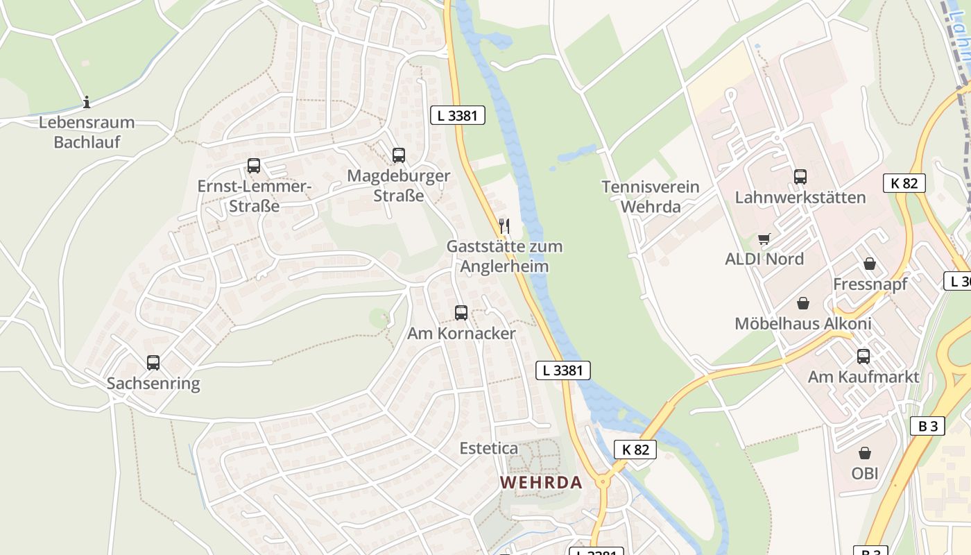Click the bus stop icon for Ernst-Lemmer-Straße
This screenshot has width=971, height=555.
click(x=254, y=166)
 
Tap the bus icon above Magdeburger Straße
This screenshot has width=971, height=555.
click(x=398, y=155)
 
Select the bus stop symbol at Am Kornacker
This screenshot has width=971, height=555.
click(x=461, y=312)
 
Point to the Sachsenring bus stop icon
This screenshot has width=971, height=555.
click(x=153, y=362)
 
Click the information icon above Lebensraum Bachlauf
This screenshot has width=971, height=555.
click(x=87, y=102)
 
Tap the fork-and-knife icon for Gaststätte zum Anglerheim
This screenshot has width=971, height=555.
click(x=504, y=225)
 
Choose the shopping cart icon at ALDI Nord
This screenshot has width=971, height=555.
click(x=764, y=239)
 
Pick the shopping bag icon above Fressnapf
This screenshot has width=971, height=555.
click(x=869, y=264)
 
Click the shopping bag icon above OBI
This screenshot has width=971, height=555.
click(x=865, y=453)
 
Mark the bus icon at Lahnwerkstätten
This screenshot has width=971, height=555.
click(x=800, y=176)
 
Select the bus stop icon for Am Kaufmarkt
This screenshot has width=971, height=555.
click(x=863, y=356)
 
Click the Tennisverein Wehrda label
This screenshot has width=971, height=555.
click(x=651, y=196)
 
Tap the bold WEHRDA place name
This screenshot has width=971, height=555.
click(x=541, y=482)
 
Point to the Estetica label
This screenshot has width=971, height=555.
click(x=489, y=448)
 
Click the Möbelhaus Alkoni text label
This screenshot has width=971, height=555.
click(x=803, y=323)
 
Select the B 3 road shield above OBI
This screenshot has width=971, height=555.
click(x=927, y=426)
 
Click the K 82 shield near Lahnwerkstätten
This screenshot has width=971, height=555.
click(x=904, y=183)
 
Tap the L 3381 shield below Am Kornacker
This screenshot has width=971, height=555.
click(x=563, y=370)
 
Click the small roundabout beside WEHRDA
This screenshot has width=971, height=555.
click(x=602, y=481)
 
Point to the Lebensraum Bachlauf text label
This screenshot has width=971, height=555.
click(x=87, y=132)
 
